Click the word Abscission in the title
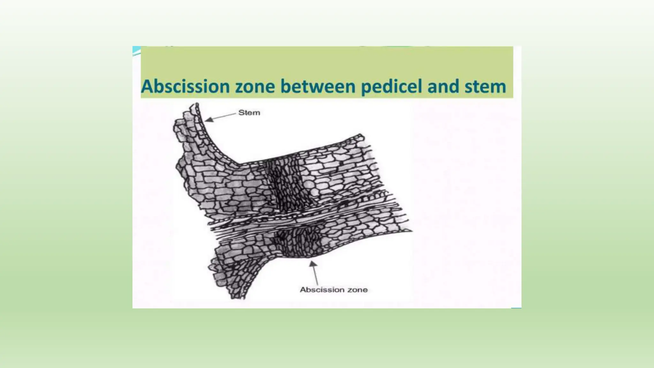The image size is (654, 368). click(185, 87)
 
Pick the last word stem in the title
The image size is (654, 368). click(485, 87)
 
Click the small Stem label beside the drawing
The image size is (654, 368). click(249, 113)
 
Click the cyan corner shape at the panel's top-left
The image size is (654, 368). click(136, 51)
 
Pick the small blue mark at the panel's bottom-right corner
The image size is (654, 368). click(516, 308)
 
